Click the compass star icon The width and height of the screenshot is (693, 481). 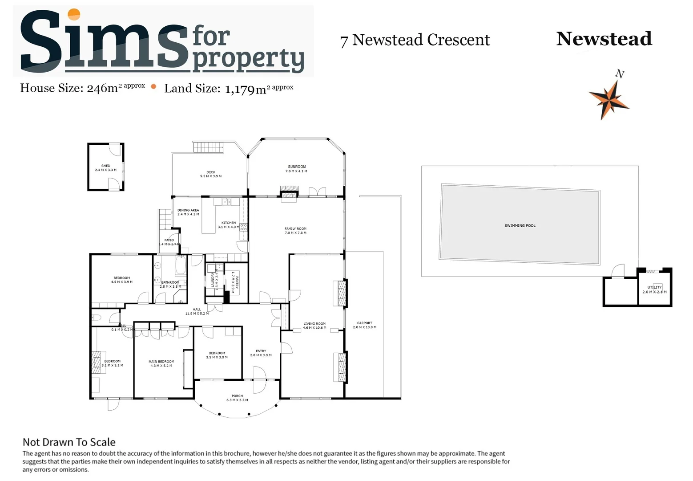[608, 100]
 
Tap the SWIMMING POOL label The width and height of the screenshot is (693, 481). [520, 225]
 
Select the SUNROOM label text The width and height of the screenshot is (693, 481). [297, 167]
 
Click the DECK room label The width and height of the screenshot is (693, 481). [211, 172]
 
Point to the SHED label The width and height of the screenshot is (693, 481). [105, 166]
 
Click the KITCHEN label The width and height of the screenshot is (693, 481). [229, 223]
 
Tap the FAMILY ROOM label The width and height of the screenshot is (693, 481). [295, 228]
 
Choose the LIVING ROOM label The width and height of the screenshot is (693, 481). [314, 324]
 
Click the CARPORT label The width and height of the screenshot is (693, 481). [364, 323]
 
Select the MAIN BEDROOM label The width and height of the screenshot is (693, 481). [161, 362]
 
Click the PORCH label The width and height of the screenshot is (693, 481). [237, 396]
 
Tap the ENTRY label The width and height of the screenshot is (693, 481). [261, 351]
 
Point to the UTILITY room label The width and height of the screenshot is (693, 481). [654, 287]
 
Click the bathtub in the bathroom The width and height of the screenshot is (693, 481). [181, 265]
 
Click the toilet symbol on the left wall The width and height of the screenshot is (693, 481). [97, 318]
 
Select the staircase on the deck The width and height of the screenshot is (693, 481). [208, 147]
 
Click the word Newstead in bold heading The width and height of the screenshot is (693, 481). [604, 39]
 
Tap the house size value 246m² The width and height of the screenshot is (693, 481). [102, 88]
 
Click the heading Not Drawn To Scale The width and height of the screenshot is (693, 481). [69, 442]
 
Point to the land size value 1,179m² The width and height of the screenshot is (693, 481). [246, 89]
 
